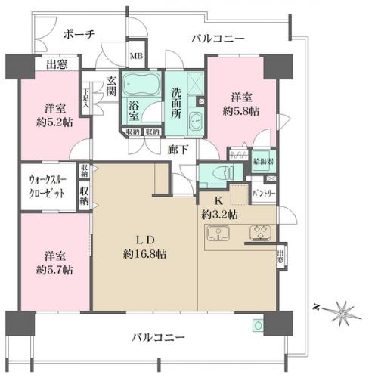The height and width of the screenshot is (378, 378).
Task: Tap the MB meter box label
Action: tap(138, 56)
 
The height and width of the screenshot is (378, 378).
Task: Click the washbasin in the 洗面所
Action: tap(195, 120)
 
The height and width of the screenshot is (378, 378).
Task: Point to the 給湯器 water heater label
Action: tap(264, 161)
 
